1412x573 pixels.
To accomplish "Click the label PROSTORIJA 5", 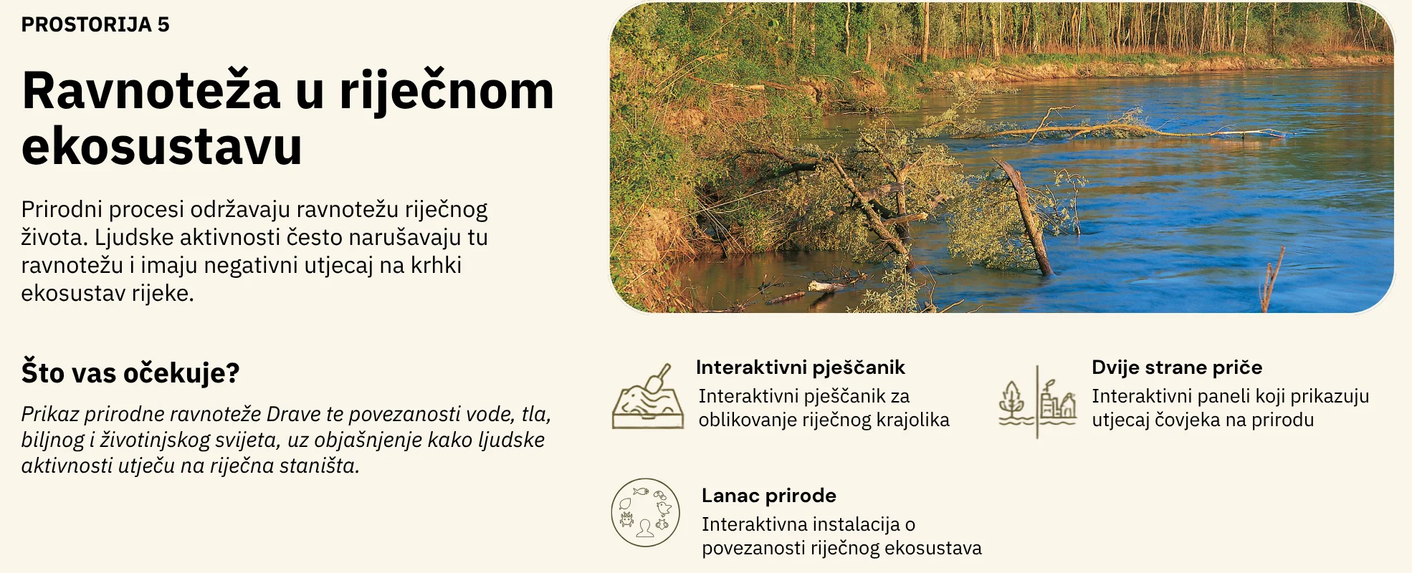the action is click(95, 24).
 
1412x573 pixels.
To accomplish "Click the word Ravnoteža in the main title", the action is click(151, 91).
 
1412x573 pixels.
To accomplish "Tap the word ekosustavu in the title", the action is click(162, 146).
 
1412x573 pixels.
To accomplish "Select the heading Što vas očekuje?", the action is click(130, 372).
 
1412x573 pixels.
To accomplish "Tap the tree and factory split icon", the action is click(1037, 402).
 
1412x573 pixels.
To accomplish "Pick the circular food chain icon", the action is click(645, 513).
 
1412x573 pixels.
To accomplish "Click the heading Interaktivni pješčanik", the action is click(801, 367).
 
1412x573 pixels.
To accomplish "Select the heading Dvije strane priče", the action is click(1177, 367).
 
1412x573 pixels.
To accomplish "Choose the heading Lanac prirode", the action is click(769, 496).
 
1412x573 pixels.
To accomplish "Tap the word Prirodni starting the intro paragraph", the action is click(62, 209).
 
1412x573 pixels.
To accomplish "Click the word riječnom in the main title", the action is click(447, 91).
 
